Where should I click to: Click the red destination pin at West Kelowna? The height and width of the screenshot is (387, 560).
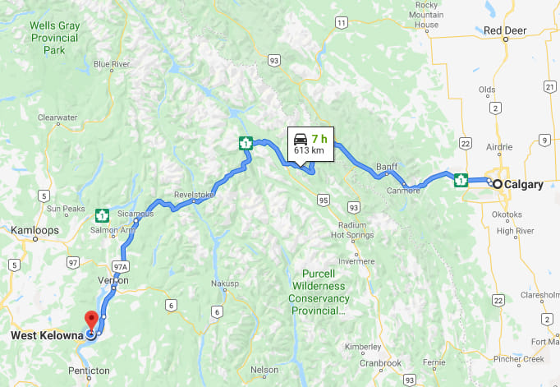[91, 319]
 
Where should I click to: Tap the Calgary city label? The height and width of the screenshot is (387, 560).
[523, 185]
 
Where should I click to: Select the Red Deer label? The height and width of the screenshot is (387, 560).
[504, 31]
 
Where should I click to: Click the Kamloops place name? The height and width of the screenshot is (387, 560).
[34, 231]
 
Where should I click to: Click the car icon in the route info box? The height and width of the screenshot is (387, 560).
[301, 138]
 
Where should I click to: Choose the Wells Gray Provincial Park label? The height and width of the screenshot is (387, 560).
[54, 38]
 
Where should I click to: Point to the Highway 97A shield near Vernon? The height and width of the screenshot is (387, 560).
[120, 265]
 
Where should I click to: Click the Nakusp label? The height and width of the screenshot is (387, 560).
[224, 283]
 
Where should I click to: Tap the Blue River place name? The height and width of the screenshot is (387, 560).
[112, 64]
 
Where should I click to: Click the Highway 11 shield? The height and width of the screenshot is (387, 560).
[340, 23]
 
